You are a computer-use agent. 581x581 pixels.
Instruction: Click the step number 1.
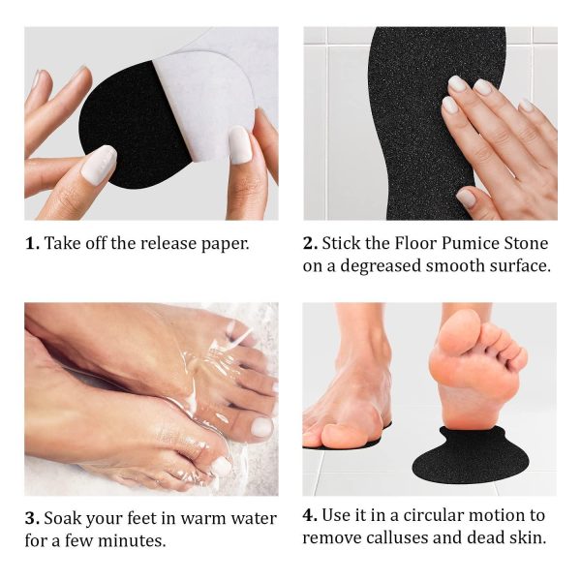tap(32, 244)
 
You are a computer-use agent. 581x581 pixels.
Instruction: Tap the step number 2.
tap(310, 244)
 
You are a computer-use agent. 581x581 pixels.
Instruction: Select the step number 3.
tap(32, 518)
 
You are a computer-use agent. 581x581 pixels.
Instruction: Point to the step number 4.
tap(310, 515)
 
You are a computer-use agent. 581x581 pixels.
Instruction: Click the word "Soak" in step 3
tap(61, 518)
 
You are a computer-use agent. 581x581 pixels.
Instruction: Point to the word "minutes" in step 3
tap(132, 541)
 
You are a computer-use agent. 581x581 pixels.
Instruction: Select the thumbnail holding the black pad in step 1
tap(99, 162)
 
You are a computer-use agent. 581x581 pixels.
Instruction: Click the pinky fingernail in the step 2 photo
tap(527, 106)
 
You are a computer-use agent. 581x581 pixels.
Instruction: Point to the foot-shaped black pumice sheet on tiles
tap(426, 122)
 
